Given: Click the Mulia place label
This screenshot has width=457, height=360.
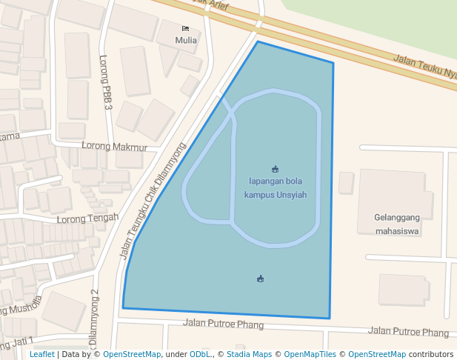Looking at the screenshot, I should pos(186,40).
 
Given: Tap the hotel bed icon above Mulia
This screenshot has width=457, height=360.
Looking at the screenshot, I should pos(185,29).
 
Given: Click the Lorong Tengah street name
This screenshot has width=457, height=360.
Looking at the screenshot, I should pos(87,218).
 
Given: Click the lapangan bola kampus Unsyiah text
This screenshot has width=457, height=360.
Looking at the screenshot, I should pos(275,187).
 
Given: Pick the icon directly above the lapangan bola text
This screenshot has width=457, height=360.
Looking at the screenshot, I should pos(276,169).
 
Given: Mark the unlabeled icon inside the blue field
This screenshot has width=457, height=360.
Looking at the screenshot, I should pos(260,279).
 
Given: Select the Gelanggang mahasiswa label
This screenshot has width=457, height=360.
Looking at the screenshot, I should pos(397,224).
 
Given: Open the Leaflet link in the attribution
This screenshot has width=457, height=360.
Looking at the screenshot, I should pos(41,355).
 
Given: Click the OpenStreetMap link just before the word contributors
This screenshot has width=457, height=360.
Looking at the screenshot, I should pos(376,355).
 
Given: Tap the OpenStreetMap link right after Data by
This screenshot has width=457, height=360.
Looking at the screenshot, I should pos(132,355).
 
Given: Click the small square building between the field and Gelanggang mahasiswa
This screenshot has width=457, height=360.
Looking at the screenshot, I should pos(346,182).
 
